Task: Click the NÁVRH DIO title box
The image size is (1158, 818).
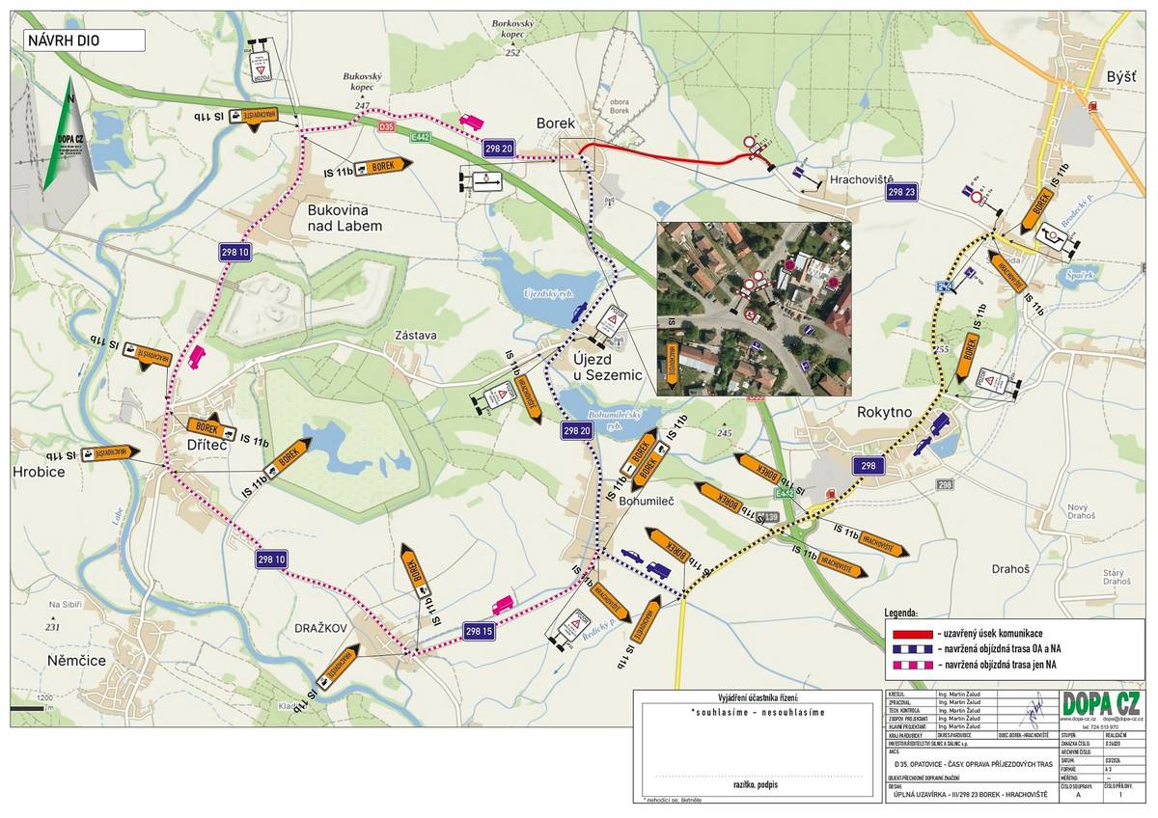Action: pyautogui.click(x=84, y=41)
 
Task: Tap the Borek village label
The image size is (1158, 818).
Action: pyautogui.click(x=556, y=123)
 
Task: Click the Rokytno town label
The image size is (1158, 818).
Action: pyautogui.click(x=884, y=412)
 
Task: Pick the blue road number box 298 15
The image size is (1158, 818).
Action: pyautogui.click(x=480, y=632)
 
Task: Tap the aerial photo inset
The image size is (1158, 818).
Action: pyautogui.click(x=753, y=309)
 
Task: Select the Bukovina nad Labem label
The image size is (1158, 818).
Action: pyautogui.click(x=345, y=217)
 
